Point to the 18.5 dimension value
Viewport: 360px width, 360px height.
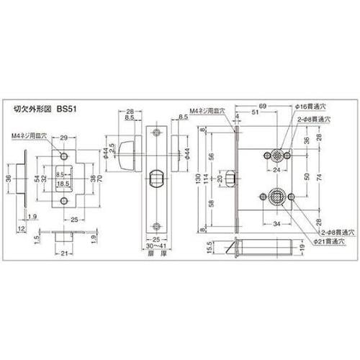pyautogui.click(x=63, y=184)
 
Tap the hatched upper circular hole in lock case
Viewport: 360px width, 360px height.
pyautogui.click(x=276, y=154)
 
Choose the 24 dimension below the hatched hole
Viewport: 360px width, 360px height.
pyautogui.click(x=276, y=171)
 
